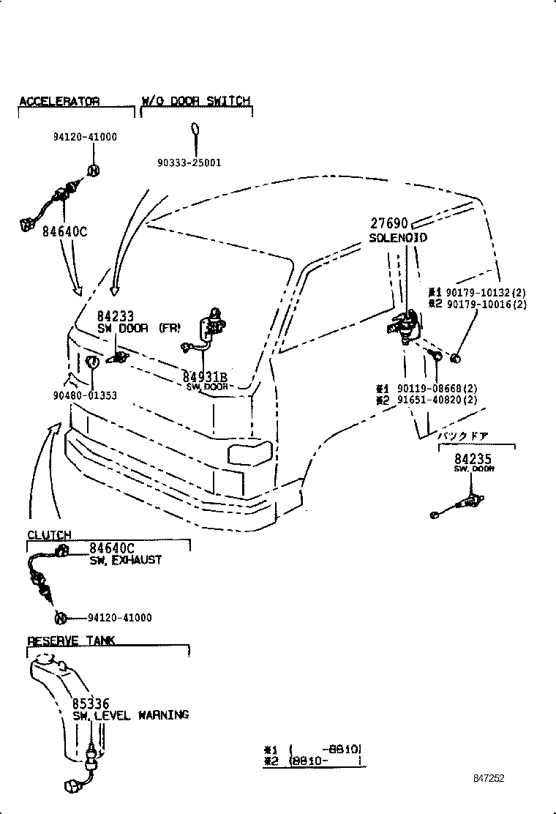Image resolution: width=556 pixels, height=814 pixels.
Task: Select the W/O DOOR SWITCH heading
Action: [x=195, y=101]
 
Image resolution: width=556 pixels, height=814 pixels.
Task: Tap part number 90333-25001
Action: [x=188, y=163]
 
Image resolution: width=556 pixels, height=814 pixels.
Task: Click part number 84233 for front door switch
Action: [x=116, y=316]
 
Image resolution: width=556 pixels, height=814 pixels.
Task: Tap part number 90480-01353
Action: [x=84, y=396]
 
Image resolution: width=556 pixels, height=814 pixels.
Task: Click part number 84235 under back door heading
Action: [x=473, y=459]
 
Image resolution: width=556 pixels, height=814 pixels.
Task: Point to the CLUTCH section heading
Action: [x=49, y=535]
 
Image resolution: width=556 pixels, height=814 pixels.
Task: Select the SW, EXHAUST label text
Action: [x=125, y=560]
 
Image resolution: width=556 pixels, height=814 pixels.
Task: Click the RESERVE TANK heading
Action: [x=71, y=641]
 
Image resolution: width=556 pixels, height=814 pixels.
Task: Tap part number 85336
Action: [x=91, y=704]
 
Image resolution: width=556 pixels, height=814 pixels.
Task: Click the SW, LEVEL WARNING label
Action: [x=130, y=715]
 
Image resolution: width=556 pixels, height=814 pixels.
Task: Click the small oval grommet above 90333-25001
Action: [x=195, y=130]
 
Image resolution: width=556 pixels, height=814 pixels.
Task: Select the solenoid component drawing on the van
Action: [x=403, y=324]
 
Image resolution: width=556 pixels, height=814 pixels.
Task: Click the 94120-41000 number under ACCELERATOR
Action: [x=85, y=137]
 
